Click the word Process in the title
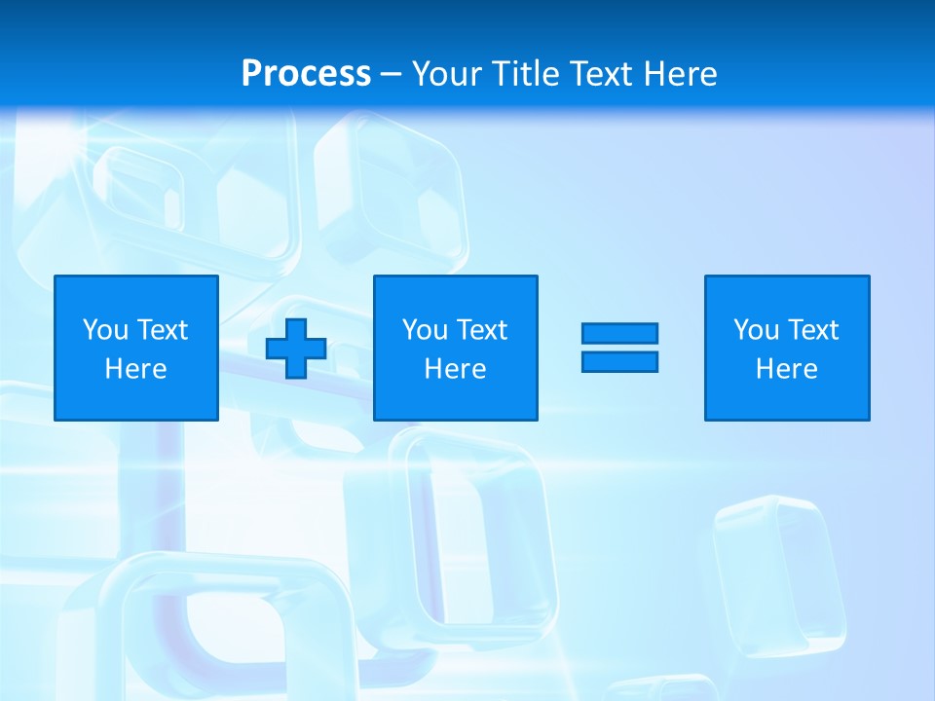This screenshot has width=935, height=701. click(306, 74)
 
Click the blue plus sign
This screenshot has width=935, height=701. click(296, 349)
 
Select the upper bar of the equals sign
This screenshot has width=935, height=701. click(619, 334)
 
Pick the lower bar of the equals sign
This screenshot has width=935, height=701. click(619, 361)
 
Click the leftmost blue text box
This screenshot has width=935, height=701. click(136, 348)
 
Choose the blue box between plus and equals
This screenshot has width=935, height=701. click(456, 348)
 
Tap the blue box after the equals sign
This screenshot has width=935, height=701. click(787, 348)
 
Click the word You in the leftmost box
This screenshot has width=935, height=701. click(105, 330)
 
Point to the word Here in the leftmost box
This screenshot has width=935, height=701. click(136, 369)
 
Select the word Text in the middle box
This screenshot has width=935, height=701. click(481, 330)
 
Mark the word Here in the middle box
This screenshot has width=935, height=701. click(456, 369)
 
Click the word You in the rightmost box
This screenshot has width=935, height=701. click(756, 330)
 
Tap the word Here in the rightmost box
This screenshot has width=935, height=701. click(787, 369)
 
